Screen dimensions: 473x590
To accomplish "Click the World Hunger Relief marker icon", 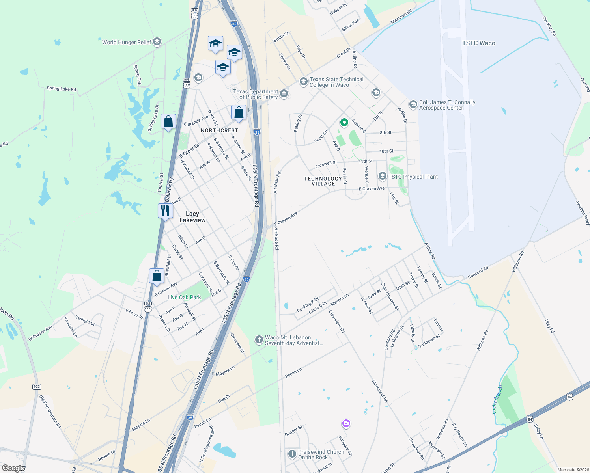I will point(157,42).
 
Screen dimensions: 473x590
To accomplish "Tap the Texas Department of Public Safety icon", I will point(284,94).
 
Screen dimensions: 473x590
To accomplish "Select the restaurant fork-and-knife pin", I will point(165,210).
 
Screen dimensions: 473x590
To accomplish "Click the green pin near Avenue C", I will point(344,123).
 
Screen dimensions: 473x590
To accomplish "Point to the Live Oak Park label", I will point(184,297).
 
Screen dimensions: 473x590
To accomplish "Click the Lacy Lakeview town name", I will point(192,217).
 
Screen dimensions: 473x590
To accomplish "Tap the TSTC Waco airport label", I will point(478,43).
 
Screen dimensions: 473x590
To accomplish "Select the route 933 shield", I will point(37,387).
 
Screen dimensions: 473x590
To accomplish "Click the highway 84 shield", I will point(569,397).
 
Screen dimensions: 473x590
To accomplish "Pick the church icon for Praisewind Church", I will point(292,454).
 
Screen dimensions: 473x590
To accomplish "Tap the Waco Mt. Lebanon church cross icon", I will point(259,340).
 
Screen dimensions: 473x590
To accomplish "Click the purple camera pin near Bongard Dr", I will point(346,424).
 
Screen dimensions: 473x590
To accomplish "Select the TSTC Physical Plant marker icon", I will point(382,176).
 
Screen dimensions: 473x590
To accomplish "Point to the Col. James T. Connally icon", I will point(413,104).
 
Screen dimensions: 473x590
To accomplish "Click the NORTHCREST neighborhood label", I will point(219,130).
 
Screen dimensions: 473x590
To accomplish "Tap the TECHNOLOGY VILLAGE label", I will point(323,181).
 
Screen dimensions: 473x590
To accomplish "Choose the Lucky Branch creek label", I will point(497,400).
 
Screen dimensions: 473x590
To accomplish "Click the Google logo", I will point(13,468).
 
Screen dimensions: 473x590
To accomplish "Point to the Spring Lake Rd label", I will point(61,89).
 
